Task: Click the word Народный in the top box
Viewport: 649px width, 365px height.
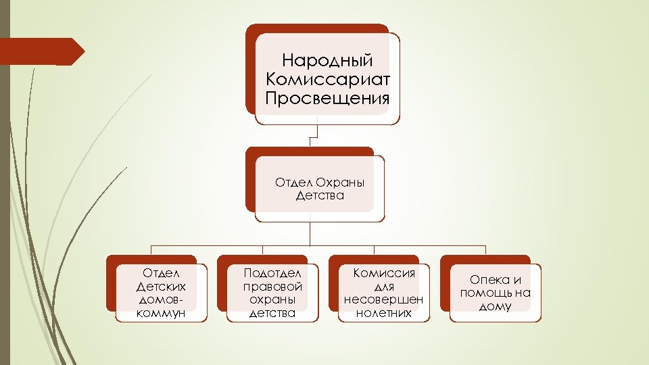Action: (327, 62)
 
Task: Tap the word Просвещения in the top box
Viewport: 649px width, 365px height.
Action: (328, 99)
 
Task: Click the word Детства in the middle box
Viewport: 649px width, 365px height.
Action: (320, 196)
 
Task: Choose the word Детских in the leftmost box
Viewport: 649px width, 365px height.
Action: (161, 287)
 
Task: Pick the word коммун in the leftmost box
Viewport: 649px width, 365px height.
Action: (160, 313)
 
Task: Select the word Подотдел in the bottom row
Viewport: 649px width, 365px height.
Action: (271, 273)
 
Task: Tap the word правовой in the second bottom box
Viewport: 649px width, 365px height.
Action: (272, 287)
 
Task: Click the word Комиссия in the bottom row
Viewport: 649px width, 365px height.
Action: (384, 273)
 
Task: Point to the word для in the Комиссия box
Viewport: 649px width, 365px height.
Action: (384, 287)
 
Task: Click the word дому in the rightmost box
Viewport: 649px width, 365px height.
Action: (495, 306)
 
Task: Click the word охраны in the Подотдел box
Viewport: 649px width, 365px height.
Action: (271, 299)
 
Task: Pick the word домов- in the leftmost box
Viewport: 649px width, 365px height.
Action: (161, 299)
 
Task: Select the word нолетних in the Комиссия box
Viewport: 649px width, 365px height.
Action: (384, 313)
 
